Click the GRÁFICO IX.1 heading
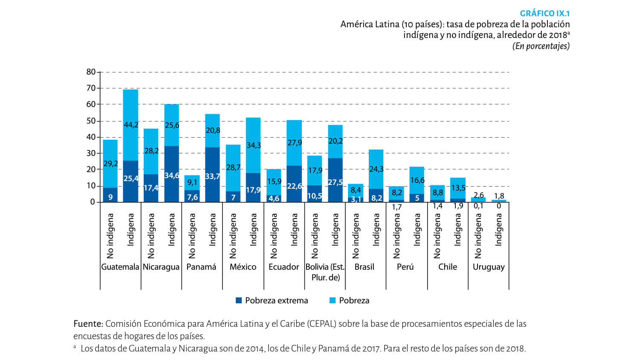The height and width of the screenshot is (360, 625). pos(544,13)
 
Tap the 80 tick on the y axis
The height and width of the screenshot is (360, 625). pos(91,72)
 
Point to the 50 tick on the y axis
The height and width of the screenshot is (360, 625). pos(91,121)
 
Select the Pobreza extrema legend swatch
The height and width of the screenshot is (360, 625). pos(239,300)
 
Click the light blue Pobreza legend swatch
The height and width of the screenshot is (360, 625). pos(333,300)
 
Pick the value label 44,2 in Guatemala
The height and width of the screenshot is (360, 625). pos(131,125)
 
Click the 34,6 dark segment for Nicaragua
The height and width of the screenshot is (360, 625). pos(172,176)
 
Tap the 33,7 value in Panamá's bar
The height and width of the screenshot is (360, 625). pos(212,176)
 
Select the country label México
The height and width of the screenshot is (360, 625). pos(243,267)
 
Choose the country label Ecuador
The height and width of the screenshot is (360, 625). pos(284,267)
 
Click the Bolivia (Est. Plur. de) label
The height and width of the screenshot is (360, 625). pos(325,272)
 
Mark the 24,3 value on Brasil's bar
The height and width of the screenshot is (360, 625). pos(376,169)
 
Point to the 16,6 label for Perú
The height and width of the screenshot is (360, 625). pos(417,180)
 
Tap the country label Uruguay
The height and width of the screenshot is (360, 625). pos(489,267)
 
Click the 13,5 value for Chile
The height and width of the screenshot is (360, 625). pos(458,188)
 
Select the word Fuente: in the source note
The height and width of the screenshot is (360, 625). pos(88,324)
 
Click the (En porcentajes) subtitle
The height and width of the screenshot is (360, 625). pos(541,46)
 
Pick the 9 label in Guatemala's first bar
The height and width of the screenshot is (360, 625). pos(110,197)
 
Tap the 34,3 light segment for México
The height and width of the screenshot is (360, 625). pos(253,145)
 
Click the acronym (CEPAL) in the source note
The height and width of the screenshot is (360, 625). pos(322,324)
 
